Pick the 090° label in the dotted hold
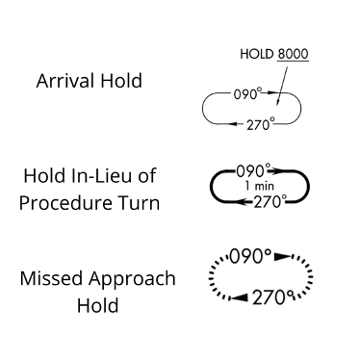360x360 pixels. [249, 257]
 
